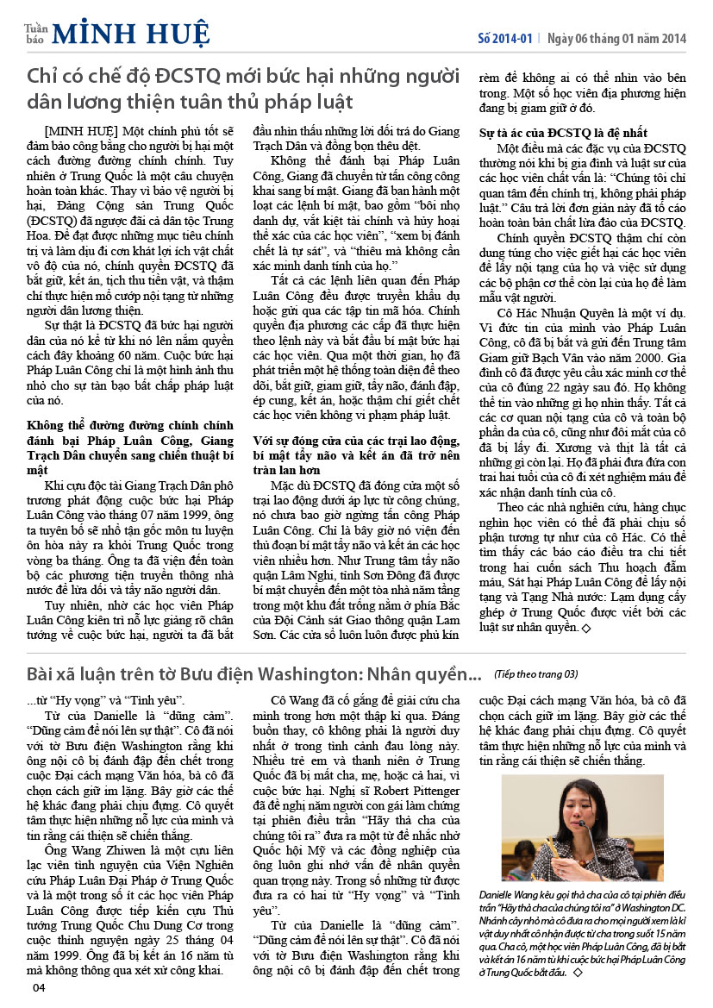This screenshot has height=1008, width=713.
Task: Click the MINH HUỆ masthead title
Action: coord(130,34)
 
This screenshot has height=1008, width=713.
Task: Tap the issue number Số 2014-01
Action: coord(506,39)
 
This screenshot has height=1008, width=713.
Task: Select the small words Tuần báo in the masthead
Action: coord(34,34)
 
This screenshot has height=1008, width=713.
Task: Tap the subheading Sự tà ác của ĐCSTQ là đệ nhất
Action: coord(561,134)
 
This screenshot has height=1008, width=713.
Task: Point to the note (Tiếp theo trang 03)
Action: coord(535,673)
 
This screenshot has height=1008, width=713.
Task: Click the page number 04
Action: coord(38,987)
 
